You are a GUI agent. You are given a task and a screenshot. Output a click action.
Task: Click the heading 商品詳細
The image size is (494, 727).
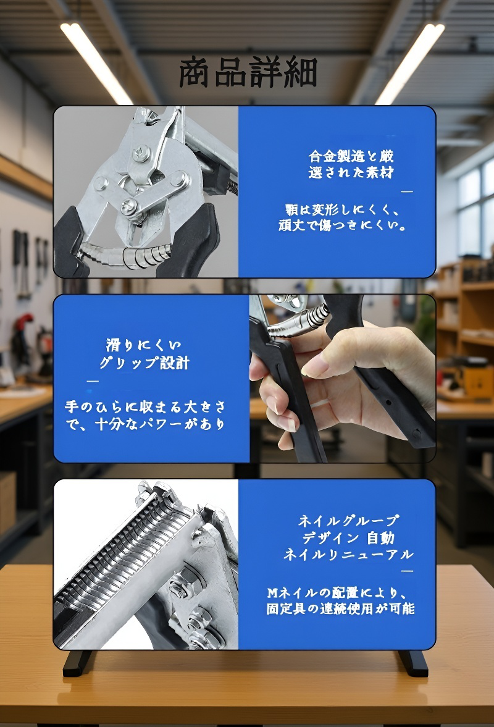tap(248, 74)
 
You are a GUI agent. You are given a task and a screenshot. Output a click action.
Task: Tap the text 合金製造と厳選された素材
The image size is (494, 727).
tap(351, 164)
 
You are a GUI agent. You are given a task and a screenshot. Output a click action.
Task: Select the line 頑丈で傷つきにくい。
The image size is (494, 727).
tap(342, 225)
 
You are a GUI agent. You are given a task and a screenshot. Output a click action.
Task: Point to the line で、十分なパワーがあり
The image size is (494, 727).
tap(145, 424)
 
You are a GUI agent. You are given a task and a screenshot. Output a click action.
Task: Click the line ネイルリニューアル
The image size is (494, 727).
tap(348, 554)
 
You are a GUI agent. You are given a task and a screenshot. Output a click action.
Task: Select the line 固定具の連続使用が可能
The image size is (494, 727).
tap(340, 608)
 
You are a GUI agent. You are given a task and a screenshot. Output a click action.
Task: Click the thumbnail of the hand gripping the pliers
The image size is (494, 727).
tap(342, 378)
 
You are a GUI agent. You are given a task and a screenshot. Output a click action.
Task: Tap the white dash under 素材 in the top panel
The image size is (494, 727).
tap(406, 192)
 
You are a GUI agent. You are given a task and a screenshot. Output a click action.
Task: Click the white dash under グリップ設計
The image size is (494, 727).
tap(93, 381)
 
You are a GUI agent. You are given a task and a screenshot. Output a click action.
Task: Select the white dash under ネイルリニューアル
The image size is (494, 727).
tap(407, 571)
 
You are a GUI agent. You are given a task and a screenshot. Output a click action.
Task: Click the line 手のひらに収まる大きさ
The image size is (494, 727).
tap(145, 407)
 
